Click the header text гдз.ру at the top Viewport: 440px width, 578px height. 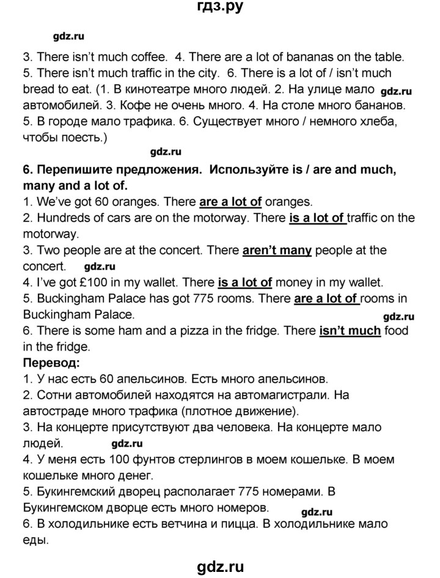220,8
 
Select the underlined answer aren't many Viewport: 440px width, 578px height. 277,250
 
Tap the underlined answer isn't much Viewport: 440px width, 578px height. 350,331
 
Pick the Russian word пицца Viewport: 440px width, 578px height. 246,524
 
